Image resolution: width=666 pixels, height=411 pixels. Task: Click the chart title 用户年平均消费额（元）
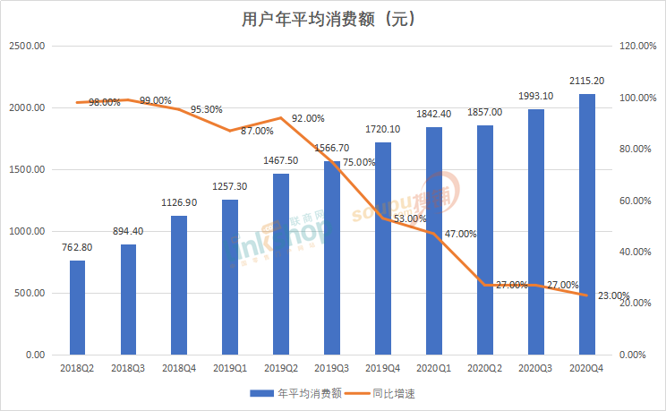(x=333, y=18)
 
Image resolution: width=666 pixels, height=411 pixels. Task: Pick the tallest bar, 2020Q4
(x=586, y=224)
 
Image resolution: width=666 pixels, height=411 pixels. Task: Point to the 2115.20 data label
(x=586, y=81)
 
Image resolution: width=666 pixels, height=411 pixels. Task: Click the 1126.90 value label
(x=179, y=202)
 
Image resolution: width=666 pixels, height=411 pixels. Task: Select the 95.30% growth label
(x=205, y=109)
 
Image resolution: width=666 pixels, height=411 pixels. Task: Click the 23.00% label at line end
(x=613, y=295)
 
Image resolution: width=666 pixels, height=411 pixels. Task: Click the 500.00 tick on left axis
(x=30, y=293)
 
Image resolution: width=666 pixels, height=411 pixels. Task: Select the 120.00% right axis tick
(x=637, y=46)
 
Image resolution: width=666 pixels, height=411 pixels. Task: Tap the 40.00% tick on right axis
(x=635, y=252)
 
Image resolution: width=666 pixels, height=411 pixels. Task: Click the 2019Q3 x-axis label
(x=332, y=367)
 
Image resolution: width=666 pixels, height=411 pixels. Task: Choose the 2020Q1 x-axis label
(x=433, y=367)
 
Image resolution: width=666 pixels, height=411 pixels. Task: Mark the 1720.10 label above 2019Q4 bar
(x=383, y=130)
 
